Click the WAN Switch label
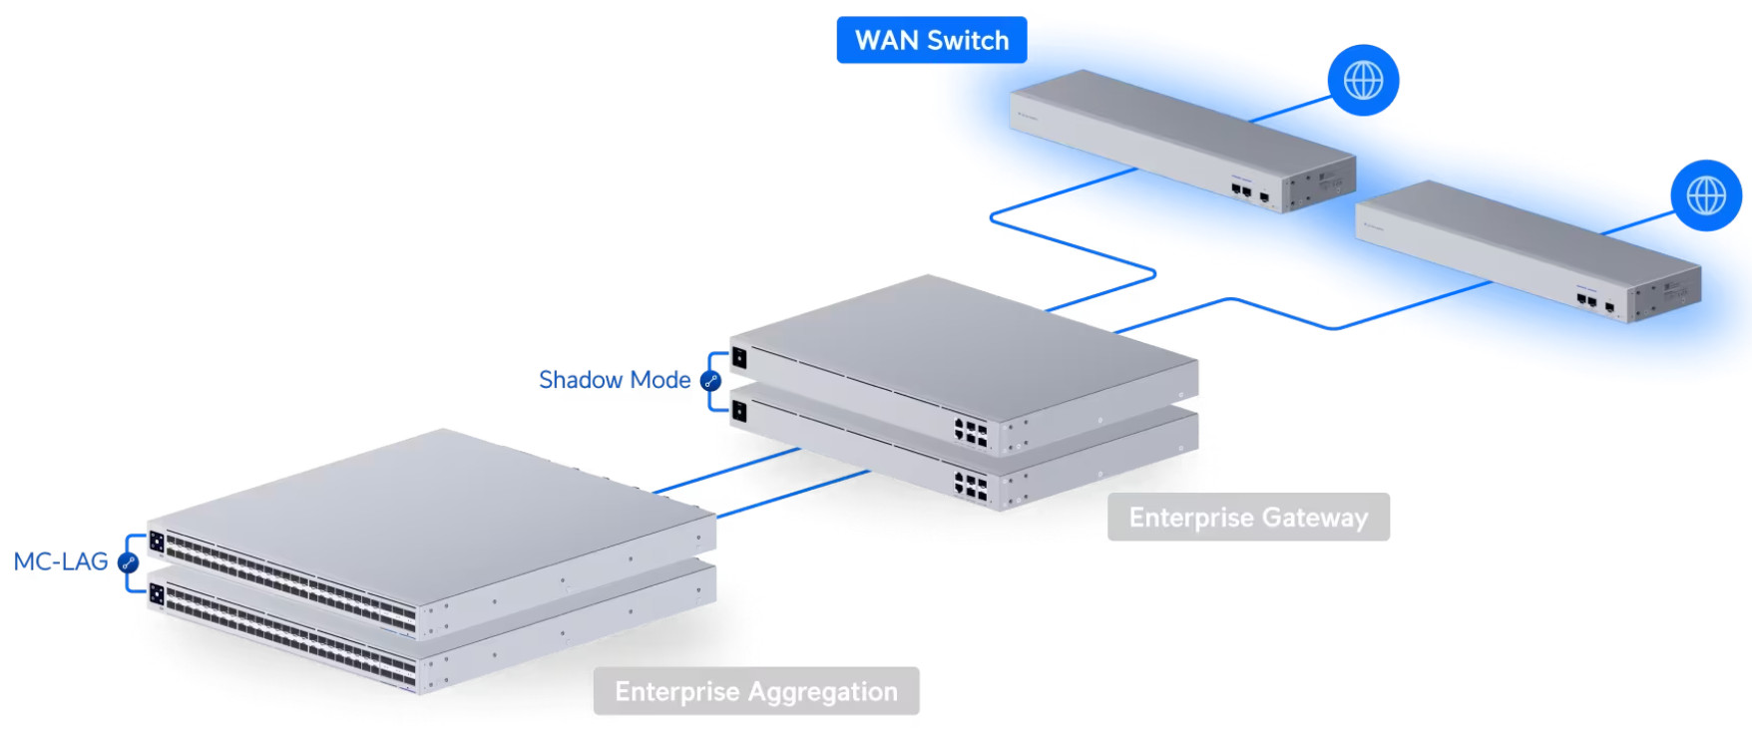tap(931, 40)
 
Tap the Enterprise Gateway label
tap(1247, 517)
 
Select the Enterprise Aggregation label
tap(755, 691)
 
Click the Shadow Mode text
tap(615, 380)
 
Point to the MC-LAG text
tap(61, 561)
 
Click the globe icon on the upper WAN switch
tap(1363, 80)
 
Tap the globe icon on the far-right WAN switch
tap(1706, 195)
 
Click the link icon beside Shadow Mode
tap(711, 381)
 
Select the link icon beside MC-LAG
tap(128, 562)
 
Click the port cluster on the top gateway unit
tap(971, 432)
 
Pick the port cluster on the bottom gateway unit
tap(971, 486)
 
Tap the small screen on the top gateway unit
tap(739, 357)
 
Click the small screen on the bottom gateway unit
tap(739, 411)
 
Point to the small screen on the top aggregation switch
tap(157, 542)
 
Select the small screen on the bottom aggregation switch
tap(157, 594)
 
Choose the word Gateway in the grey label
tap(1314, 517)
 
